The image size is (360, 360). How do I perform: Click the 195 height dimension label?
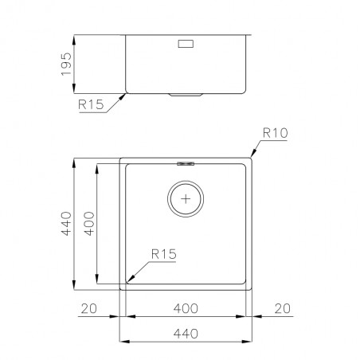66,64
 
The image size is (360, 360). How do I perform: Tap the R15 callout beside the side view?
91,104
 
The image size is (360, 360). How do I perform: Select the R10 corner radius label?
275,133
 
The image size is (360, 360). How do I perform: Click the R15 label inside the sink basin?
163,254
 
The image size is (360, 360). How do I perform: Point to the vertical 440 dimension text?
66,224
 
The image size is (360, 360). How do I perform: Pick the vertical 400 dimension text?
89,224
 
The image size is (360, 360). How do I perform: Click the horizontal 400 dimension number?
186,308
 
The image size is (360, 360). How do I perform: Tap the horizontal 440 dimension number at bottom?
186,334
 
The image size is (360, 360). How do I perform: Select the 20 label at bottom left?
89,308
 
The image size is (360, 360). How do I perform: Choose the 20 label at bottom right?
283,308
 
